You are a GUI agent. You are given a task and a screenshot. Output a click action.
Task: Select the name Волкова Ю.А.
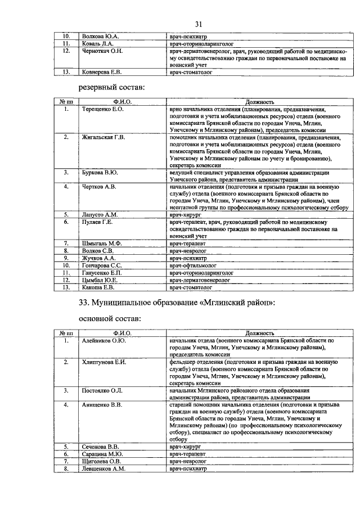[x=101, y=36]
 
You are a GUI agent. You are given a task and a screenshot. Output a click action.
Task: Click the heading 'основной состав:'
[x=109, y=318]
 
